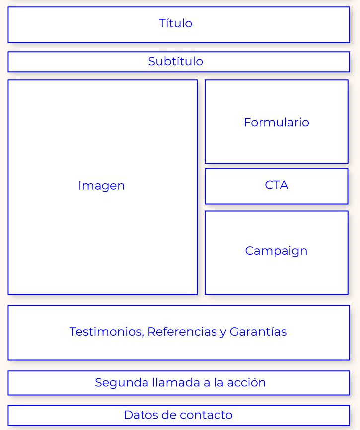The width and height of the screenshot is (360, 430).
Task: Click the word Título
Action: coord(175,23)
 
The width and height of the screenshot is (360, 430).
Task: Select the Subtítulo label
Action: coord(175,61)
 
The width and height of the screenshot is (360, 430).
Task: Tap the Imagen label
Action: coord(101,186)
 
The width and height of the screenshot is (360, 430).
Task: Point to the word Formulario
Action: coord(276,122)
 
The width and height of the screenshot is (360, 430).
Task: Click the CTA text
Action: coord(276,185)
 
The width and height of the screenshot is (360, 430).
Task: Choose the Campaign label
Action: coord(276,251)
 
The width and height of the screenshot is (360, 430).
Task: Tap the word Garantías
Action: coord(258,332)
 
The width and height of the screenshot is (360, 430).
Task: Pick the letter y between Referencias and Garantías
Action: coord(222,332)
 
